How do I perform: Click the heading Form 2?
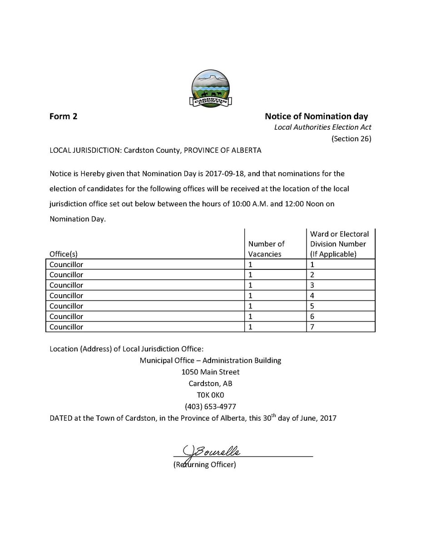[x=63, y=117]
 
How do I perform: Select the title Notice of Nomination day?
[x=316, y=117]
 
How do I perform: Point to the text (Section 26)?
[x=351, y=139]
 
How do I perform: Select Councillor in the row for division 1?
[x=66, y=264]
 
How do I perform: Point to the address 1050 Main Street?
[x=210, y=372]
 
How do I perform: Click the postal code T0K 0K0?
[x=210, y=395]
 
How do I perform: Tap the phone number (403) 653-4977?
[x=210, y=406]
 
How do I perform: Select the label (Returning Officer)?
[x=204, y=465]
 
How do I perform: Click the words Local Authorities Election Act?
[x=322, y=128]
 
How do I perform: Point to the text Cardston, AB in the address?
[x=210, y=384]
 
